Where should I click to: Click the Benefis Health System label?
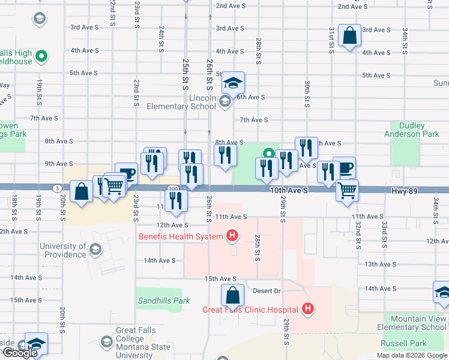pyautogui.click(x=181, y=236)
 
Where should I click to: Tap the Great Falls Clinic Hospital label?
pyautogui.click(x=250, y=310)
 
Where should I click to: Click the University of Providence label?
pyautogui.click(x=63, y=250)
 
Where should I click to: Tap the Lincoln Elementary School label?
pyautogui.click(x=181, y=102)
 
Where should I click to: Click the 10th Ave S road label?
pyautogui.click(x=289, y=190)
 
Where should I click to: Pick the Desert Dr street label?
pyautogui.click(x=267, y=291)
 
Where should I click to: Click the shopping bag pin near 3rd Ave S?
pyautogui.click(x=349, y=35)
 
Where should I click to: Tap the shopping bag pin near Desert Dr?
pyautogui.click(x=232, y=295)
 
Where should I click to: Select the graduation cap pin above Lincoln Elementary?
pyautogui.click(x=233, y=82)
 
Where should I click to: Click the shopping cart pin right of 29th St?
pyautogui.click(x=347, y=190)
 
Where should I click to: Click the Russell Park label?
pyautogui.click(x=404, y=344)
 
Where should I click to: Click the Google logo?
pyautogui.click(x=20, y=353)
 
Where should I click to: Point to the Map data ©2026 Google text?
pyautogui.click(x=411, y=355)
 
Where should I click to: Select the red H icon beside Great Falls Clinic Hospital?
pyautogui.click(x=308, y=310)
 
